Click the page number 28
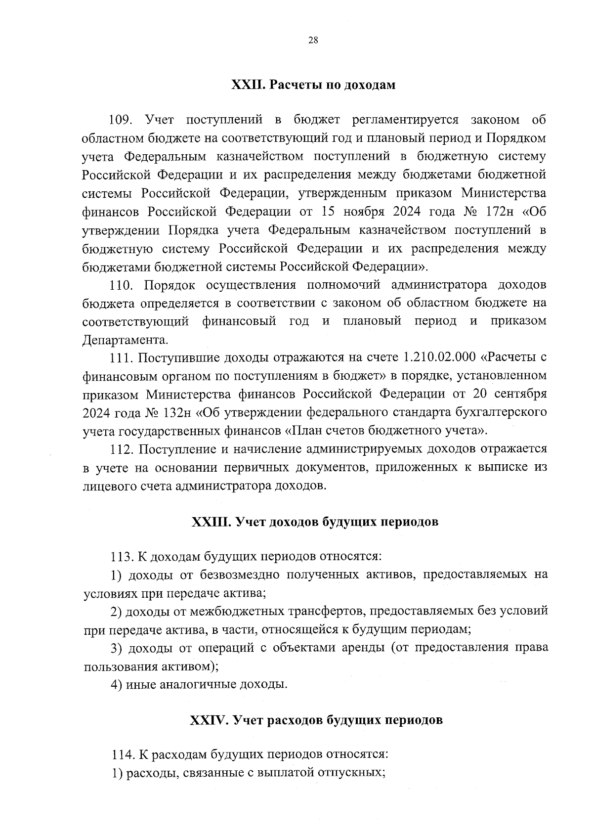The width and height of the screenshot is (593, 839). [x=313, y=41]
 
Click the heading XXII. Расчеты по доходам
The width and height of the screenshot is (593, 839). [x=313, y=85]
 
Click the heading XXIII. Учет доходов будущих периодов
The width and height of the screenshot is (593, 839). [x=315, y=522]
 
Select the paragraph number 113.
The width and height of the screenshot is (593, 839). [x=122, y=557]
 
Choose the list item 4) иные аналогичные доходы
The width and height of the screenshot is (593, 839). [x=199, y=685]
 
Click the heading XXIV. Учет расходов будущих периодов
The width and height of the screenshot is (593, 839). [x=316, y=720]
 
